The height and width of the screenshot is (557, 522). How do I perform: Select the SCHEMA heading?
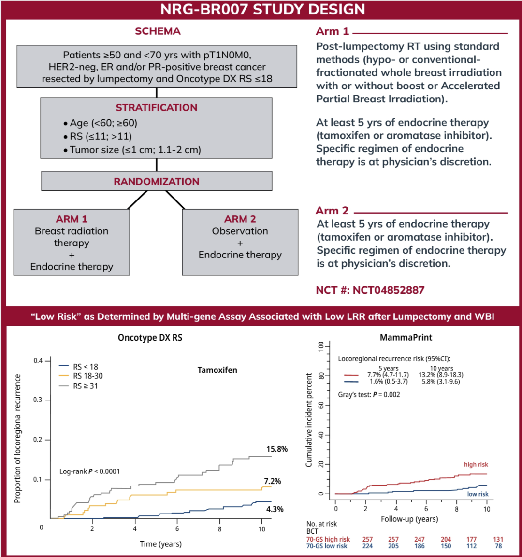158,31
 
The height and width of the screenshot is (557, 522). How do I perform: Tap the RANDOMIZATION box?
157,182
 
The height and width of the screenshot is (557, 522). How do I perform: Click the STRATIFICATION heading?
157,108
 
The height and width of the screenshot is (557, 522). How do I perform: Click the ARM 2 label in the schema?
240,219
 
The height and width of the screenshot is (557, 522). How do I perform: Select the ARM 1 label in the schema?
72,219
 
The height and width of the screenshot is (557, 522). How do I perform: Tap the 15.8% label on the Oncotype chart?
277,449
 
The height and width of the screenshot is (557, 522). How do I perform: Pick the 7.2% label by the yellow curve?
272,481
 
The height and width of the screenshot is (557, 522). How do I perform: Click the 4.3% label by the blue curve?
275,509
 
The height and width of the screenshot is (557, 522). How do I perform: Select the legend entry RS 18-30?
88,376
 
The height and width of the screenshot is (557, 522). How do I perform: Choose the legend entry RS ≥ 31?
86,386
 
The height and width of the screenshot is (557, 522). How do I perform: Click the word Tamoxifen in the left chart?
217,370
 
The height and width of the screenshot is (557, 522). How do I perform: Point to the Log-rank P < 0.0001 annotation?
89,471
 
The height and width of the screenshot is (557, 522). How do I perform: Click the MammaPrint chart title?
406,337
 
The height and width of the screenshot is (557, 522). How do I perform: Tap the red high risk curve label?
476,465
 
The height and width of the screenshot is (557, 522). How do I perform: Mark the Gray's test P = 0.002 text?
369,395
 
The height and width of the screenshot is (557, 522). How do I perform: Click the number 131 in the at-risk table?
498,539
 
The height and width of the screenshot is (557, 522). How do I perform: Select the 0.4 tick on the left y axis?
38,361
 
